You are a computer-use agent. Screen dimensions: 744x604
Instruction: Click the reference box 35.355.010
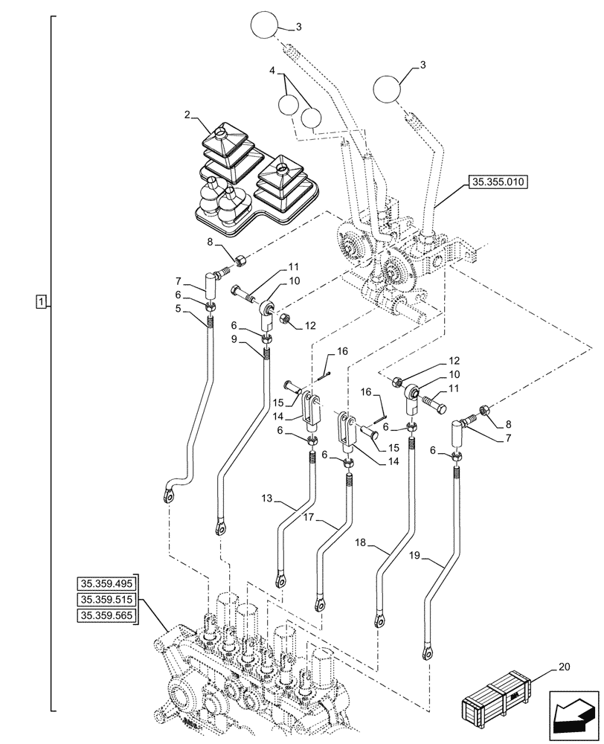pos(498,182)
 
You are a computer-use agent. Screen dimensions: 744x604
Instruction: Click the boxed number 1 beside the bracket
pos(41,301)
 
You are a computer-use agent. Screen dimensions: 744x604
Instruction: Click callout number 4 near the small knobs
pos(273,72)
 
